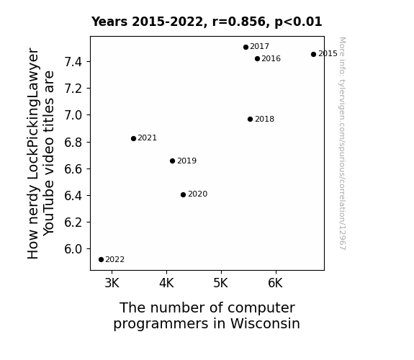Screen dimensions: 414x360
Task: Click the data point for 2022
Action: [x=101, y=260]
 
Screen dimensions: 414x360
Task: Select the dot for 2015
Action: [x=313, y=55]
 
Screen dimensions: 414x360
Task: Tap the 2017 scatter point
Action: [x=246, y=48]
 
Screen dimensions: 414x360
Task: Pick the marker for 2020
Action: [x=183, y=194]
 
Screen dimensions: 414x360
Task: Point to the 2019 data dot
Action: [x=172, y=161]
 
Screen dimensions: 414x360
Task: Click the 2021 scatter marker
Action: [x=133, y=139]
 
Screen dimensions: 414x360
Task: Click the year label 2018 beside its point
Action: [x=264, y=119]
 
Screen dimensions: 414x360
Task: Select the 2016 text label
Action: [x=271, y=58]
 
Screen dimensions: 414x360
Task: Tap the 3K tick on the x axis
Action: [x=112, y=283]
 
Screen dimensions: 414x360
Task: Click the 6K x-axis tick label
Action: [x=275, y=283]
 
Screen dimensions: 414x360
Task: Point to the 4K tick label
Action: [x=166, y=283]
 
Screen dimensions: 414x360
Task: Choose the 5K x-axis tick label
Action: [x=221, y=283]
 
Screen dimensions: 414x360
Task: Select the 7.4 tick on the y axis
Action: [x=73, y=62]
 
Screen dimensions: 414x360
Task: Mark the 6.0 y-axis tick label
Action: [x=73, y=249]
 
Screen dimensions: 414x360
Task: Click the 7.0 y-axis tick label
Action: [x=73, y=115]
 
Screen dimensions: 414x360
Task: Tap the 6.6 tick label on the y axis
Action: [x=73, y=168]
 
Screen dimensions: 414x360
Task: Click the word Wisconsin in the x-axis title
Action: [x=265, y=323]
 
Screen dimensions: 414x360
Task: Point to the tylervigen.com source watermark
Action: [x=342, y=143]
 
